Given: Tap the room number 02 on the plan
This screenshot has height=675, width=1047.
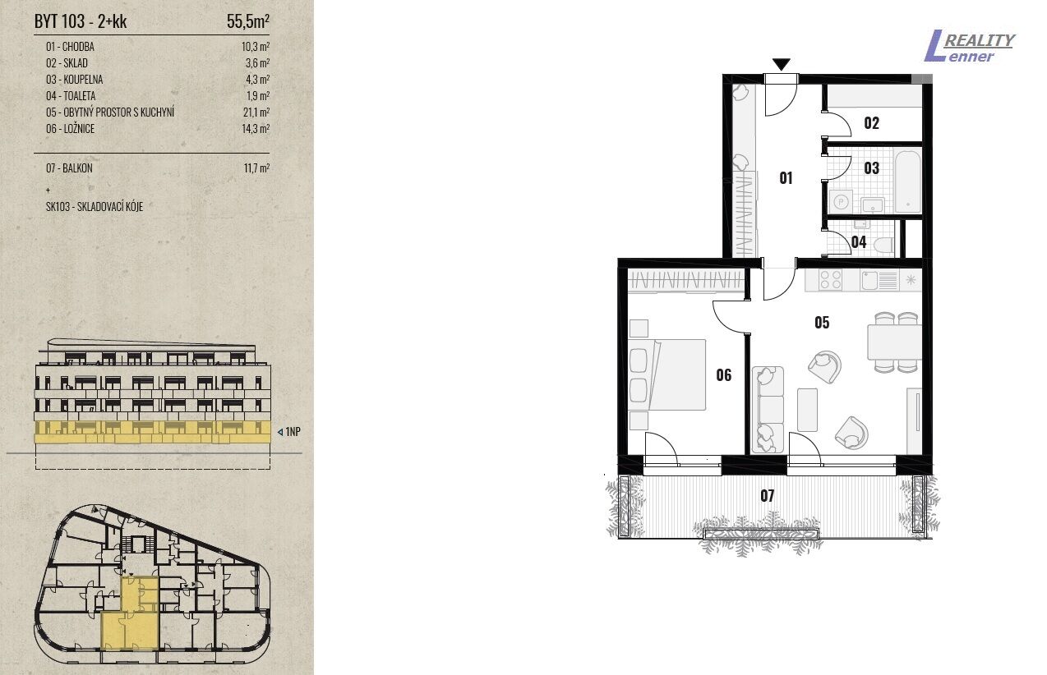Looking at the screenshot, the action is [x=871, y=123].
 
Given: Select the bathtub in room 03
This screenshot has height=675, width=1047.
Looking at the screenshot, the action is [x=908, y=181].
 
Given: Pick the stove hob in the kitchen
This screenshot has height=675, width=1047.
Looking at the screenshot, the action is [x=831, y=280].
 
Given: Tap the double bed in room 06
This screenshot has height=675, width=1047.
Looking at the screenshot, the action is [x=667, y=374].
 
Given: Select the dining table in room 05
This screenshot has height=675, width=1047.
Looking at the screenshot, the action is [x=894, y=342].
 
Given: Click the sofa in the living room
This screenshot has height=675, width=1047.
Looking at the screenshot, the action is [x=768, y=410].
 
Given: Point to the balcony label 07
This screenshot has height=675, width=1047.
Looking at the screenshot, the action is [x=767, y=496].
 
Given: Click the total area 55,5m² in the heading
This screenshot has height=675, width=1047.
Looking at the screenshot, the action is [x=247, y=21].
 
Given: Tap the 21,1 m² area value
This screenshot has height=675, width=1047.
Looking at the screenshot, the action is [x=256, y=112].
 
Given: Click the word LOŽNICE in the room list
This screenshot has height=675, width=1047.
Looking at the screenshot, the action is [x=79, y=128].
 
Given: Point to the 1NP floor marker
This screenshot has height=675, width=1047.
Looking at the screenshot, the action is [x=289, y=432].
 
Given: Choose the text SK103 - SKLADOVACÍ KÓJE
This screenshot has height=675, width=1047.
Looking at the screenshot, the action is [x=95, y=206].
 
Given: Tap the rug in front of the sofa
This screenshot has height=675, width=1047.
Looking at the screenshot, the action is [x=808, y=410].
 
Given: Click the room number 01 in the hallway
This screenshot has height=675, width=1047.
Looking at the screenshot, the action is [x=786, y=178].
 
